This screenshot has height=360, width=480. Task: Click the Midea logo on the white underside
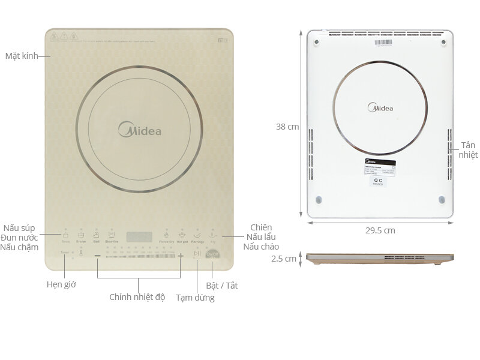click(x=380, y=108)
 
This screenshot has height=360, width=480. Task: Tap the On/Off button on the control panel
click(x=213, y=255)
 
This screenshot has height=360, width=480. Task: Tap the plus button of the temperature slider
click(x=181, y=256)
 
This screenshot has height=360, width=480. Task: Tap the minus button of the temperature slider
click(x=98, y=256)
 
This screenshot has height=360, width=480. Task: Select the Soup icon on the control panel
click(x=65, y=235)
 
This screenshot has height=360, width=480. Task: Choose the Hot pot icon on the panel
click(x=182, y=235)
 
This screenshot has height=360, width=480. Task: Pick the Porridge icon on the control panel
click(x=197, y=235)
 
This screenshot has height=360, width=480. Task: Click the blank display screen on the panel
click(x=139, y=236)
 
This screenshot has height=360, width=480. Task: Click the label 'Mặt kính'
click(x=22, y=56)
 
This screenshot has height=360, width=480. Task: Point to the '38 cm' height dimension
click(x=287, y=127)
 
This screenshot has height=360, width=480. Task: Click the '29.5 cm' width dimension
click(x=380, y=230)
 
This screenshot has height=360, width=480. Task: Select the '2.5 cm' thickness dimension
click(x=284, y=259)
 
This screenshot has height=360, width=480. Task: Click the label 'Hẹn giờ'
click(x=61, y=284)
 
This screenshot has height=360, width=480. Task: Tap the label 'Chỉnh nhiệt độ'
click(x=137, y=297)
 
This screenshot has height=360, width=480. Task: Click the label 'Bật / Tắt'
click(x=222, y=286)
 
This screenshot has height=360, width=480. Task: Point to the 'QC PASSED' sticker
click(x=378, y=181)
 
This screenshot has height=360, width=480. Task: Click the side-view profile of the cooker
click(x=379, y=259)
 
